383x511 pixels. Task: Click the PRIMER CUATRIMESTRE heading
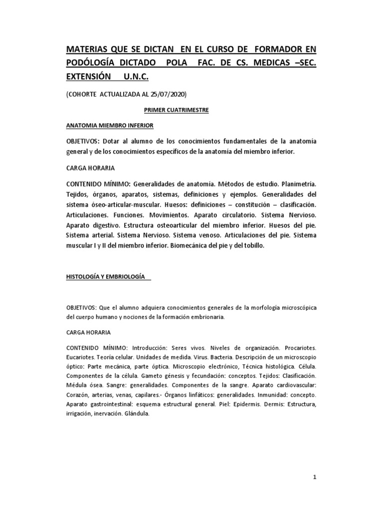tap(166, 110)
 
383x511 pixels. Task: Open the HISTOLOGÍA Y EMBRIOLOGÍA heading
tap(106, 276)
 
